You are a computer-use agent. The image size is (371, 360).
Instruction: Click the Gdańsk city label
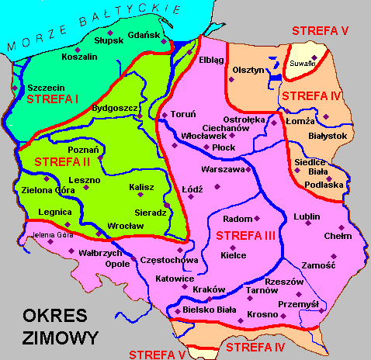(x=144, y=36)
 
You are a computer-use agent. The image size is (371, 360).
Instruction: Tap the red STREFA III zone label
(x=245, y=234)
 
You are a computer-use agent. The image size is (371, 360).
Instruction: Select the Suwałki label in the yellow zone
(x=303, y=62)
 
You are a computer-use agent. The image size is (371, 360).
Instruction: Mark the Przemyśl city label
(x=299, y=304)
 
